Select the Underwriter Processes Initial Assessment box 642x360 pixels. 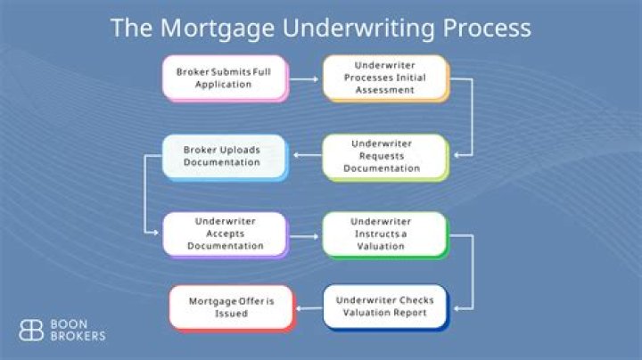384,78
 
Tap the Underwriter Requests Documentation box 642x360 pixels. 384,156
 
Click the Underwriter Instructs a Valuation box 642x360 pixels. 384,234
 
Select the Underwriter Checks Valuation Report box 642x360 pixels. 384,306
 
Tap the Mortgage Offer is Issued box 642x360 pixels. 231,307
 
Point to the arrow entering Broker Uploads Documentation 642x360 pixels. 305,157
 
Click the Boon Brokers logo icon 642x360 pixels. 32,329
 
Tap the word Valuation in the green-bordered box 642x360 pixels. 383,246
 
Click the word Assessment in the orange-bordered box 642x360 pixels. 384,89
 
